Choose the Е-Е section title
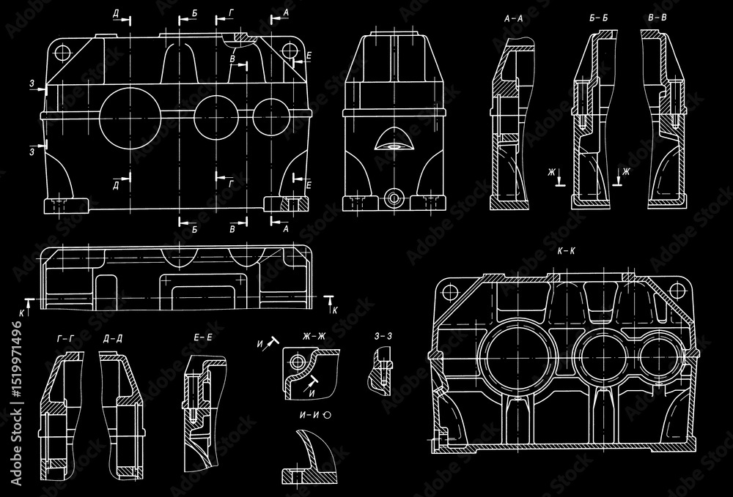(x=203, y=337)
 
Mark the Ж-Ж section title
(x=313, y=337)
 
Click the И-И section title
(x=312, y=414)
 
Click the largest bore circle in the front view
(x=129, y=116)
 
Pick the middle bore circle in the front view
(x=217, y=116)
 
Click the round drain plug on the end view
(x=394, y=198)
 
